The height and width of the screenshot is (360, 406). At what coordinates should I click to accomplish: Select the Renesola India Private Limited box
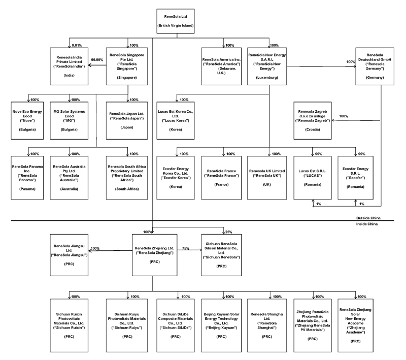[x=69, y=66]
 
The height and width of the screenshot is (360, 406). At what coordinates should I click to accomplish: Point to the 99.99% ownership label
[x=96, y=60]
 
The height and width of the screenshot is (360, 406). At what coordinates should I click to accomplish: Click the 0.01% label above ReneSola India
[x=77, y=45]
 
